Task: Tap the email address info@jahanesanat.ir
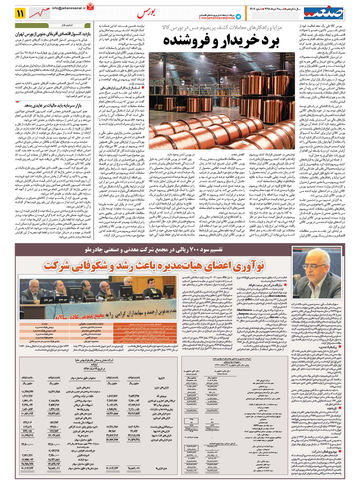point(69,9)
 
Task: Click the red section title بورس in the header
point(146,13)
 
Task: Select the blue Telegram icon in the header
point(238,17)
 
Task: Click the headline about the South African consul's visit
point(53,34)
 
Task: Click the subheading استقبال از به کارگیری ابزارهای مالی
point(120,88)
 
